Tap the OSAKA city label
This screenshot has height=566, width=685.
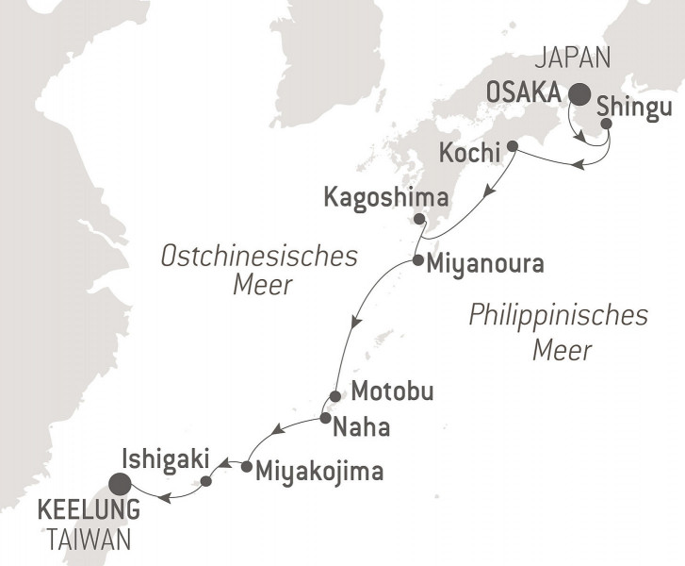coord(524,92)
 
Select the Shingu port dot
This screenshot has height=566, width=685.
coord(606,124)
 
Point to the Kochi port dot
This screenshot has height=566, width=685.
coord(513,146)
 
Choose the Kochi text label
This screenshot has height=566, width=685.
coord(470,151)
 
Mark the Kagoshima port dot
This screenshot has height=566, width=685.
coord(418,218)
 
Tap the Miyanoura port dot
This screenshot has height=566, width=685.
coord(416,260)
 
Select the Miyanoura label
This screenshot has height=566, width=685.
coord(484,264)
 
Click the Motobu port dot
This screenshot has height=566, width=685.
coord(334,395)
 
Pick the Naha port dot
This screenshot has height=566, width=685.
coord(324,418)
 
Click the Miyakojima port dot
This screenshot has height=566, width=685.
coord(245,466)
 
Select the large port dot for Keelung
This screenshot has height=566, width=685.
coord(120,485)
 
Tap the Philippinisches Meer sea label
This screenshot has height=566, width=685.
coord(560,333)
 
